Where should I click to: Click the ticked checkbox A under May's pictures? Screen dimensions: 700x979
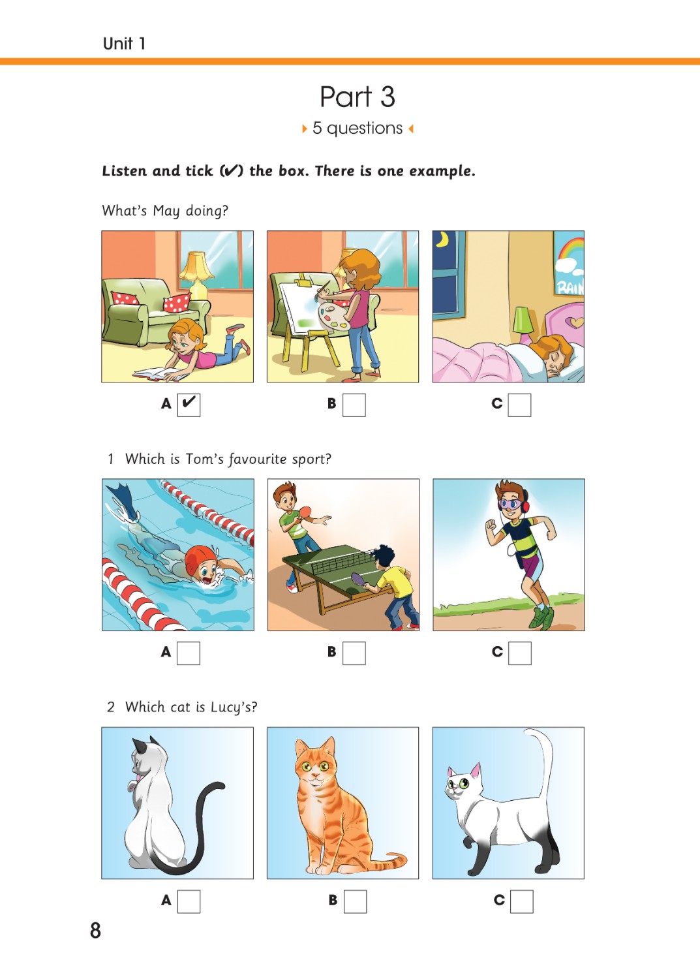click(x=189, y=405)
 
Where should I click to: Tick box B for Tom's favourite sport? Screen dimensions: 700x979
click(x=354, y=653)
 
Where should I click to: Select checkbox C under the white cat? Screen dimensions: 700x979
click(x=521, y=901)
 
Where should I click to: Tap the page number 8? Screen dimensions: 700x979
click(x=95, y=931)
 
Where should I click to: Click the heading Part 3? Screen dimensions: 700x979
click(x=358, y=97)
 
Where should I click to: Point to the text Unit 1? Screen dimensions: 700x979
click(x=124, y=44)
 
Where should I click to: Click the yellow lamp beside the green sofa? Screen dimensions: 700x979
click(x=196, y=275)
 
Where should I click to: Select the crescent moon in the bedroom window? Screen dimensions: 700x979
click(x=444, y=239)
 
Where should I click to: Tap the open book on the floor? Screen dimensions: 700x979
click(x=159, y=374)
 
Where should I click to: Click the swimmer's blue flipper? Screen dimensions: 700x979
click(x=122, y=495)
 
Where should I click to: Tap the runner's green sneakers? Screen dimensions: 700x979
click(x=542, y=617)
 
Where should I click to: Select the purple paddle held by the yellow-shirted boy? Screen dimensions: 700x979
click(x=359, y=579)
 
